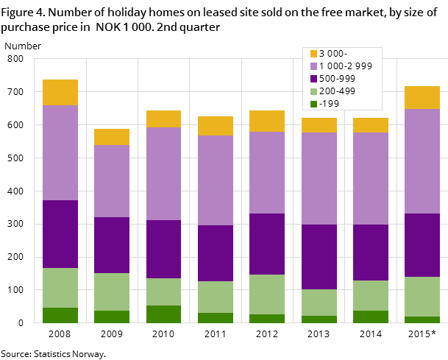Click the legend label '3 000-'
click(333, 54)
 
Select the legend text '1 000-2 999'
click(345, 66)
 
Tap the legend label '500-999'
click(337, 79)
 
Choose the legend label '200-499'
click(337, 91)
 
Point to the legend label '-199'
click(329, 104)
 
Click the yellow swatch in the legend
click(313, 54)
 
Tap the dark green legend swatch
click(313, 104)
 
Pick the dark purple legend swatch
click(313, 79)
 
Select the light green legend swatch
click(313, 91)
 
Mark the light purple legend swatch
click(313, 66)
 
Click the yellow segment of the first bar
click(60, 92)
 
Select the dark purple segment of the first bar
click(60, 234)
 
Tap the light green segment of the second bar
click(112, 292)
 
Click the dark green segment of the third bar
click(163, 314)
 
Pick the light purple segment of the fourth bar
click(216, 180)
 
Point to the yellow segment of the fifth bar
click(267, 121)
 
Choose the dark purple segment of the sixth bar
click(319, 257)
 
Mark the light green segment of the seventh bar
click(371, 295)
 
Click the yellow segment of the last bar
click(422, 97)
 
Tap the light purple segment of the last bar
click(422, 161)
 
